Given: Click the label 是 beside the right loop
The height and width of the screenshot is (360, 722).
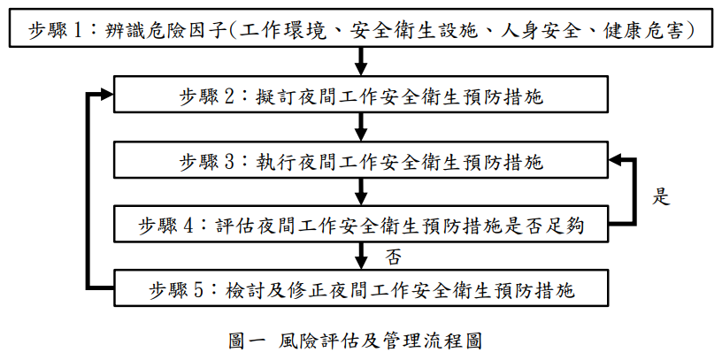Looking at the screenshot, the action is point(661,197).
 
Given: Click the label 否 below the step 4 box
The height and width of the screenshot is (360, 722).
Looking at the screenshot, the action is point(393,257).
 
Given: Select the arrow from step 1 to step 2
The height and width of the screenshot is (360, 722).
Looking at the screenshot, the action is point(361,61).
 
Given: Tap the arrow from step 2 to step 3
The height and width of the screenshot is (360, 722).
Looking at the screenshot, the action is point(361,126).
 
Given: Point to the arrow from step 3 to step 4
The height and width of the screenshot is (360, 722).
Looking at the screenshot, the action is point(361,191).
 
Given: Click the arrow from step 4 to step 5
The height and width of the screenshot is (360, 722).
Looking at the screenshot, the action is point(361,256).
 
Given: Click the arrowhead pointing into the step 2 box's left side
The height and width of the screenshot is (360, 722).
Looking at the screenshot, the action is point(107,95).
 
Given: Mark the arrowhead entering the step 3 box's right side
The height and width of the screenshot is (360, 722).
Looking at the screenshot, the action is point(614,160).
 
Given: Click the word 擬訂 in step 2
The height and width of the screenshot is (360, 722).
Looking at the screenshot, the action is point(274,97).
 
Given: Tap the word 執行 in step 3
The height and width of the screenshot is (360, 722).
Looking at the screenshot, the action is point(274,162).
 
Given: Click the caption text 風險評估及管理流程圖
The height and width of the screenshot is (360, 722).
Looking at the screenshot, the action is point(380,341).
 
